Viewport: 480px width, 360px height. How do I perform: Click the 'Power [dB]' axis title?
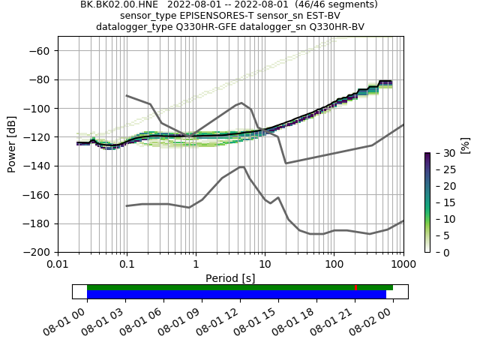click(x=13, y=144)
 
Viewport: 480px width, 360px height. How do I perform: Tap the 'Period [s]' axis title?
click(x=230, y=278)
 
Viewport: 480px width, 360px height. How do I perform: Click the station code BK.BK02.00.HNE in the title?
click(x=121, y=4)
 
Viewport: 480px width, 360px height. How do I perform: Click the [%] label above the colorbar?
click(x=464, y=144)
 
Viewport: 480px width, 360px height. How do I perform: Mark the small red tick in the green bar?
click(x=355, y=287)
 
